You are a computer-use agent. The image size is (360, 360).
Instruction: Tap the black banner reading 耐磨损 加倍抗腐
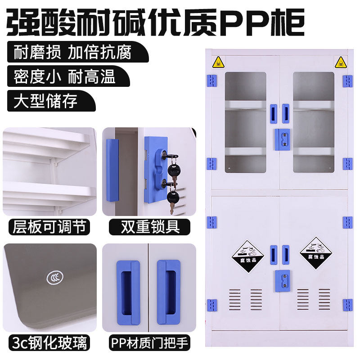(x=72, y=52)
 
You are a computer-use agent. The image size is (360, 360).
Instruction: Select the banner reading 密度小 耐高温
(x=65, y=76)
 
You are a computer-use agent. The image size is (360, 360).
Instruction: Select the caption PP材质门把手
(x=150, y=343)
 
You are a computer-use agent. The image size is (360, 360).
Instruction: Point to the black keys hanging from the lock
(x=172, y=180)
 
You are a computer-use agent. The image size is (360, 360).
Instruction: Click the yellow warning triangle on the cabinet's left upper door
(x=218, y=63)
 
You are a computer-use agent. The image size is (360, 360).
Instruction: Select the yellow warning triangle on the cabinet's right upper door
(x=340, y=63)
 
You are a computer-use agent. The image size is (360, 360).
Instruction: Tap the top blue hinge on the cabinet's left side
(x=212, y=81)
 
